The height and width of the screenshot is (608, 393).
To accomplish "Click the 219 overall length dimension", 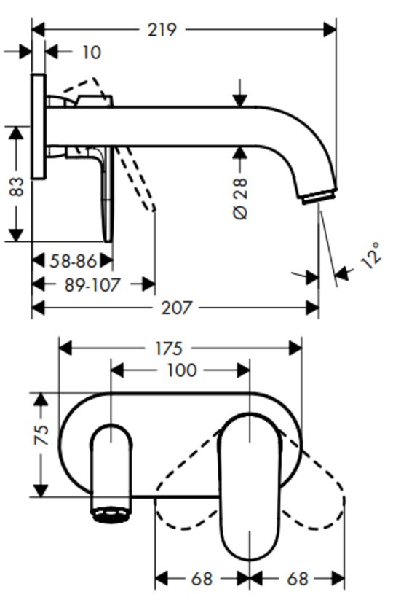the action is pos(162,30).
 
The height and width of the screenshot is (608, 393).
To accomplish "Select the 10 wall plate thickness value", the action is pos(92,52).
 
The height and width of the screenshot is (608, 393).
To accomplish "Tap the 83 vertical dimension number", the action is pos(16,187).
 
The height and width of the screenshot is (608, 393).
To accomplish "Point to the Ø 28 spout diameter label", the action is pos(240,199).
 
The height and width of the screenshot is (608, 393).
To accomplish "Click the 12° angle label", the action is pos(371,256).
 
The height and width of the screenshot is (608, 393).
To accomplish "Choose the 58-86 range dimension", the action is pos(73,261).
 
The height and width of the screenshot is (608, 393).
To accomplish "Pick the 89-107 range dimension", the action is pos(92,285).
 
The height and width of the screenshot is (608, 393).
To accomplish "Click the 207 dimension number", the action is pos(177,308).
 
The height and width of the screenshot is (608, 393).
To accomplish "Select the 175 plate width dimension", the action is pos(169,348).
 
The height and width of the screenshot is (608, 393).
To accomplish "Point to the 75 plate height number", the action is pos(41,435).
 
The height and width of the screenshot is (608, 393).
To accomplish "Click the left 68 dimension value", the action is pos(202,580).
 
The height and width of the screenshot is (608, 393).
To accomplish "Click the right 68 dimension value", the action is pos(298,580).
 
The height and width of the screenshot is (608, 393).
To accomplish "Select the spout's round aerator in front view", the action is pos(111,515).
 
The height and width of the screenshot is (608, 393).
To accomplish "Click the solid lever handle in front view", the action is pos(250,487).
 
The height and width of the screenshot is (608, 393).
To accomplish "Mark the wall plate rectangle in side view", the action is pos(39,126).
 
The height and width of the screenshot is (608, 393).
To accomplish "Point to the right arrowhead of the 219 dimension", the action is pos(330,29).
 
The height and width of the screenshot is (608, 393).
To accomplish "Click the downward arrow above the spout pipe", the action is pos(240,93).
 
